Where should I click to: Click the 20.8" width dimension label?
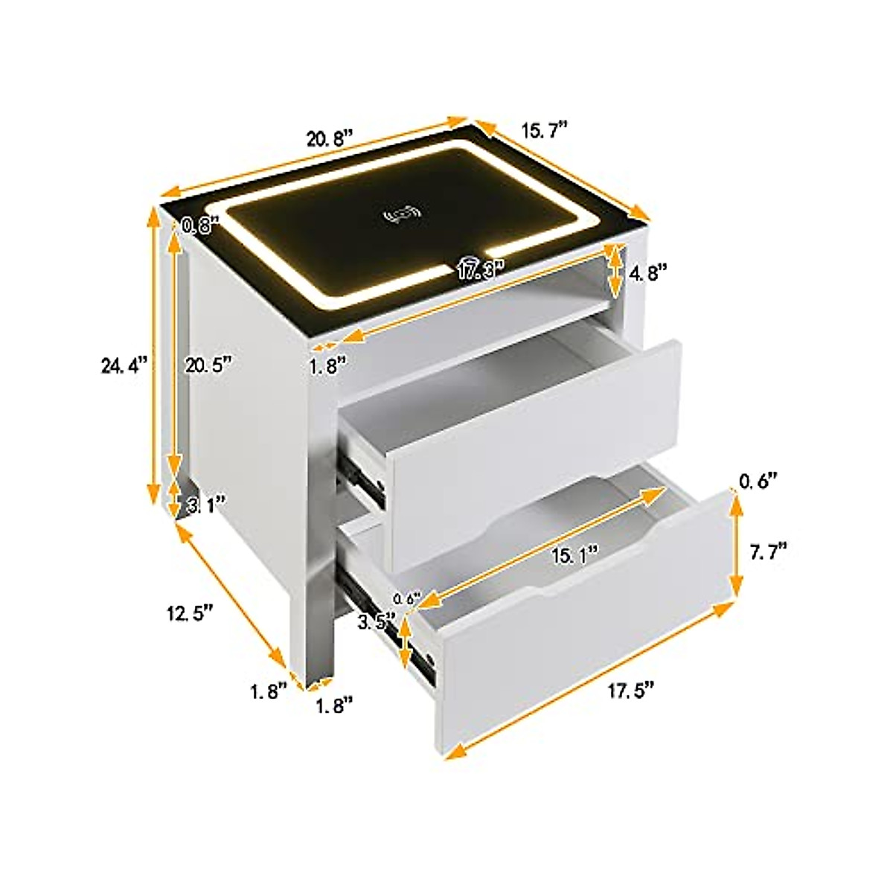330,139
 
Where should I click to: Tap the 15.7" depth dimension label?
545,130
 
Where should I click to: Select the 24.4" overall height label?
124,365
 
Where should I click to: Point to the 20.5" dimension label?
207,365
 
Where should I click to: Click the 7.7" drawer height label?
767,552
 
